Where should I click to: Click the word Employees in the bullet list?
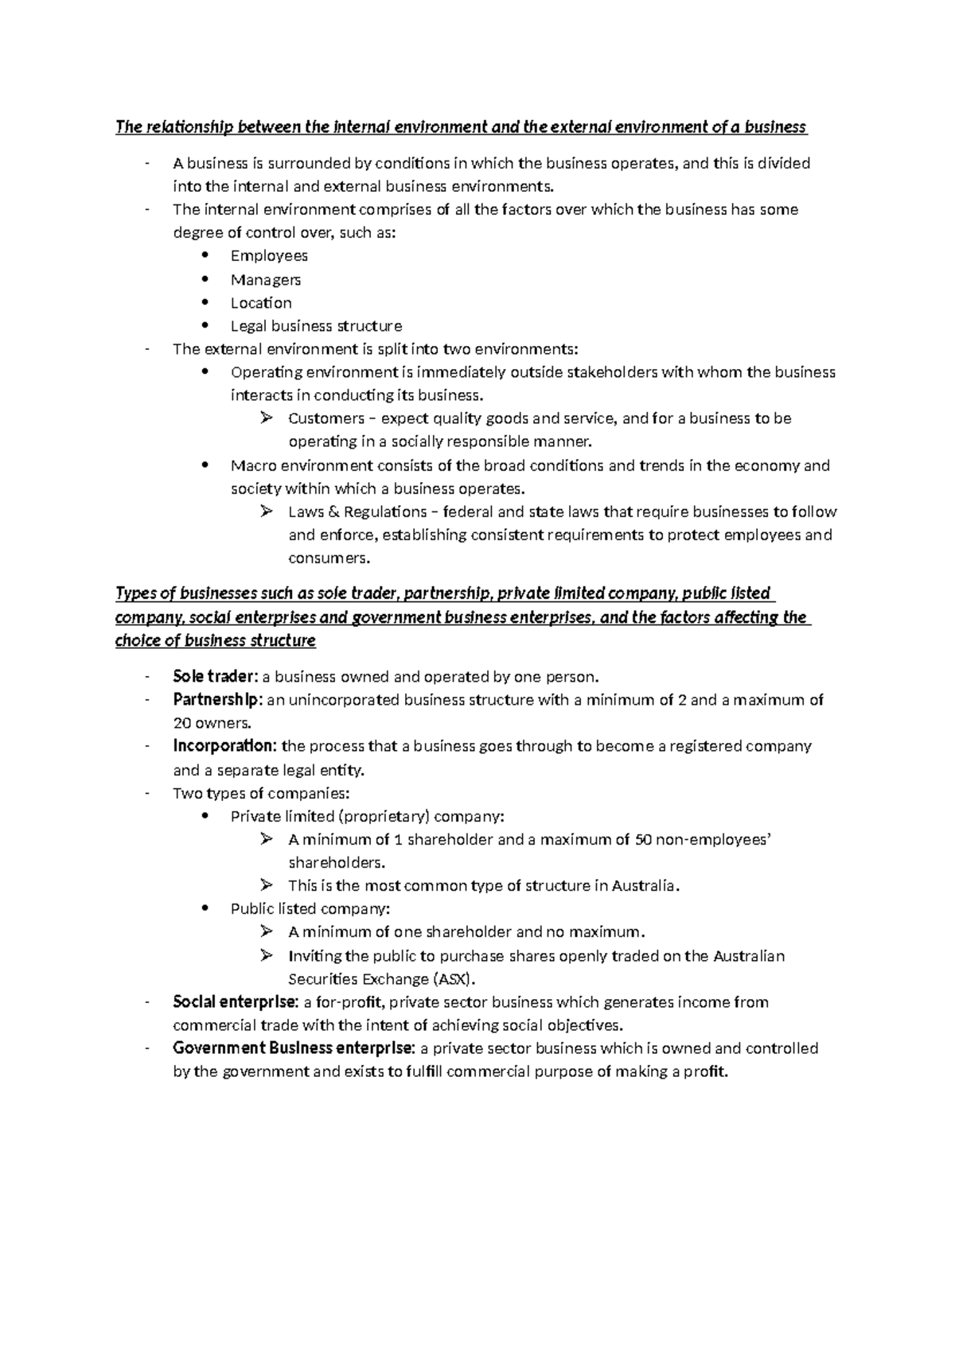click(x=269, y=256)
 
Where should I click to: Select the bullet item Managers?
click(x=265, y=280)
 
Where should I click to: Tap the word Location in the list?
click(x=261, y=303)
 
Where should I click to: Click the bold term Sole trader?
click(x=215, y=677)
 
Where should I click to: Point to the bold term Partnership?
click(x=217, y=700)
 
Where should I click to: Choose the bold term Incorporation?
click(x=225, y=746)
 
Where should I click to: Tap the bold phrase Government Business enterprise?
click(x=294, y=1048)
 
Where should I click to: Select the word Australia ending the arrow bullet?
click(x=645, y=886)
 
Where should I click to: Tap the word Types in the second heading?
click(x=136, y=593)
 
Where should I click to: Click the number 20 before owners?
click(x=182, y=724)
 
